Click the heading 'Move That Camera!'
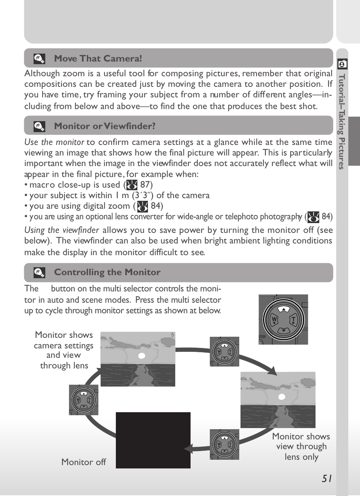click(x=98, y=59)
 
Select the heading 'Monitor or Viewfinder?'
click(x=105, y=126)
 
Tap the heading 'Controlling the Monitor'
click(x=107, y=272)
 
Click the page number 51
click(x=327, y=479)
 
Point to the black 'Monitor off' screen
click(x=153, y=440)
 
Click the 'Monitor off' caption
click(x=83, y=462)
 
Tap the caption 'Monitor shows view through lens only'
click(x=301, y=447)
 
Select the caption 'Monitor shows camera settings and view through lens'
click(x=64, y=350)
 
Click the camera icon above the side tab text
click(x=342, y=64)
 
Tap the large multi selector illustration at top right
click(x=283, y=320)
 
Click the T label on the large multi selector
click(x=293, y=320)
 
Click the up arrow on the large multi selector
click(x=283, y=309)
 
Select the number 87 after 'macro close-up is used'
click(x=145, y=185)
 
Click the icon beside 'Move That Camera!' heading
click(x=39, y=59)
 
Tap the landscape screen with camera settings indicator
click(x=138, y=359)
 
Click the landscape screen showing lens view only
click(x=278, y=400)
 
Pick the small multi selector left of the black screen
click(x=83, y=400)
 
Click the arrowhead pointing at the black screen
click(x=188, y=449)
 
